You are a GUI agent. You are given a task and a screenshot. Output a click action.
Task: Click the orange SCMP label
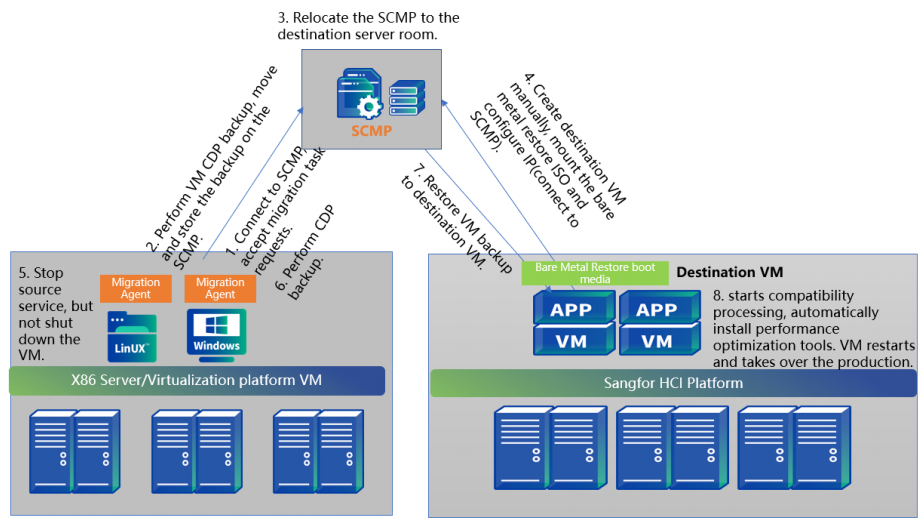point(371,130)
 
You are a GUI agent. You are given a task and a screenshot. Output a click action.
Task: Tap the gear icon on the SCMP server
point(368,105)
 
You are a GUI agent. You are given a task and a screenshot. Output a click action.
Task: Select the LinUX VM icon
point(131,335)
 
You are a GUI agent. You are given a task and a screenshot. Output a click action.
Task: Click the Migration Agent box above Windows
point(220,289)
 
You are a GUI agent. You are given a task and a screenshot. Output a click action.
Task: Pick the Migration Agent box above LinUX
point(135,289)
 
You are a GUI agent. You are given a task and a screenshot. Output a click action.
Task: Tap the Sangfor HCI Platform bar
point(672,382)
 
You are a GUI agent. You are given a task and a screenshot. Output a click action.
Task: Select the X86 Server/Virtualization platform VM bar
point(197,380)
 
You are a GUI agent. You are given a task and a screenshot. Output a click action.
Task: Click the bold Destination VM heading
point(731,272)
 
